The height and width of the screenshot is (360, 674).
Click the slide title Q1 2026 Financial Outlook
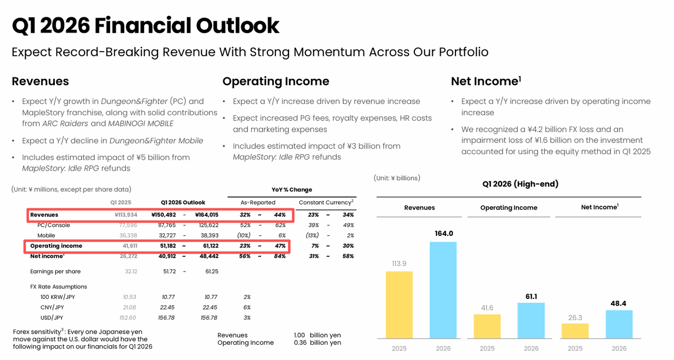(x=145, y=26)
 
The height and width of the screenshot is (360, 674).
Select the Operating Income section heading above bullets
(x=275, y=81)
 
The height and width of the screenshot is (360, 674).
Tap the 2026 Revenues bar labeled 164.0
(x=443, y=289)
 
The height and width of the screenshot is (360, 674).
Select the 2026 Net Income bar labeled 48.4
(x=619, y=324)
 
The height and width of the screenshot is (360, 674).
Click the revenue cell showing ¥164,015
(x=206, y=215)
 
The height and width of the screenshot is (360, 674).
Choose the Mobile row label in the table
(x=46, y=235)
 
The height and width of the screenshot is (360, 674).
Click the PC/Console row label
(x=53, y=225)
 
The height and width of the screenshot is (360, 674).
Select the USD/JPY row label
(x=52, y=317)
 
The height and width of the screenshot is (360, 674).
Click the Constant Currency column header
(x=326, y=203)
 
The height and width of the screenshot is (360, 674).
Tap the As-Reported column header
(x=258, y=203)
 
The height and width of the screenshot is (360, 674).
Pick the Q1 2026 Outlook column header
(x=183, y=203)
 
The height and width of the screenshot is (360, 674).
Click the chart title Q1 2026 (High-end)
(x=520, y=184)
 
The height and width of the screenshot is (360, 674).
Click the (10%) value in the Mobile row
(x=244, y=235)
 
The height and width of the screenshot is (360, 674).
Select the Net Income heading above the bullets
(x=485, y=81)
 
